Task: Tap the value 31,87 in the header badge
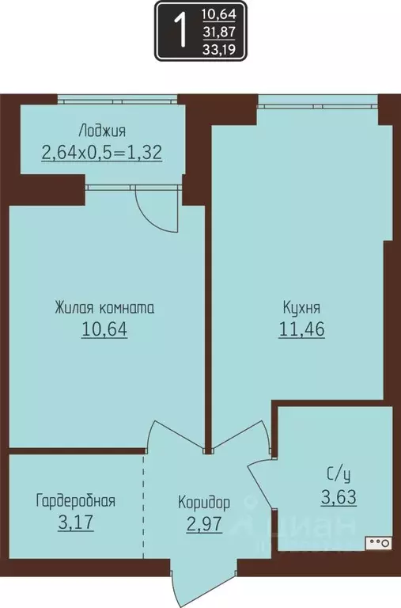[224, 32]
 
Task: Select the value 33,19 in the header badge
[224, 49]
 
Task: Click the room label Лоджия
[102, 131]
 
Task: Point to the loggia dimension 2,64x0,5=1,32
[102, 152]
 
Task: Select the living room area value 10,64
[104, 329]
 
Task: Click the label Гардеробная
[76, 500]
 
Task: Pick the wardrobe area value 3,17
[76, 522]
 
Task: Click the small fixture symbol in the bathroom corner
[378, 543]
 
